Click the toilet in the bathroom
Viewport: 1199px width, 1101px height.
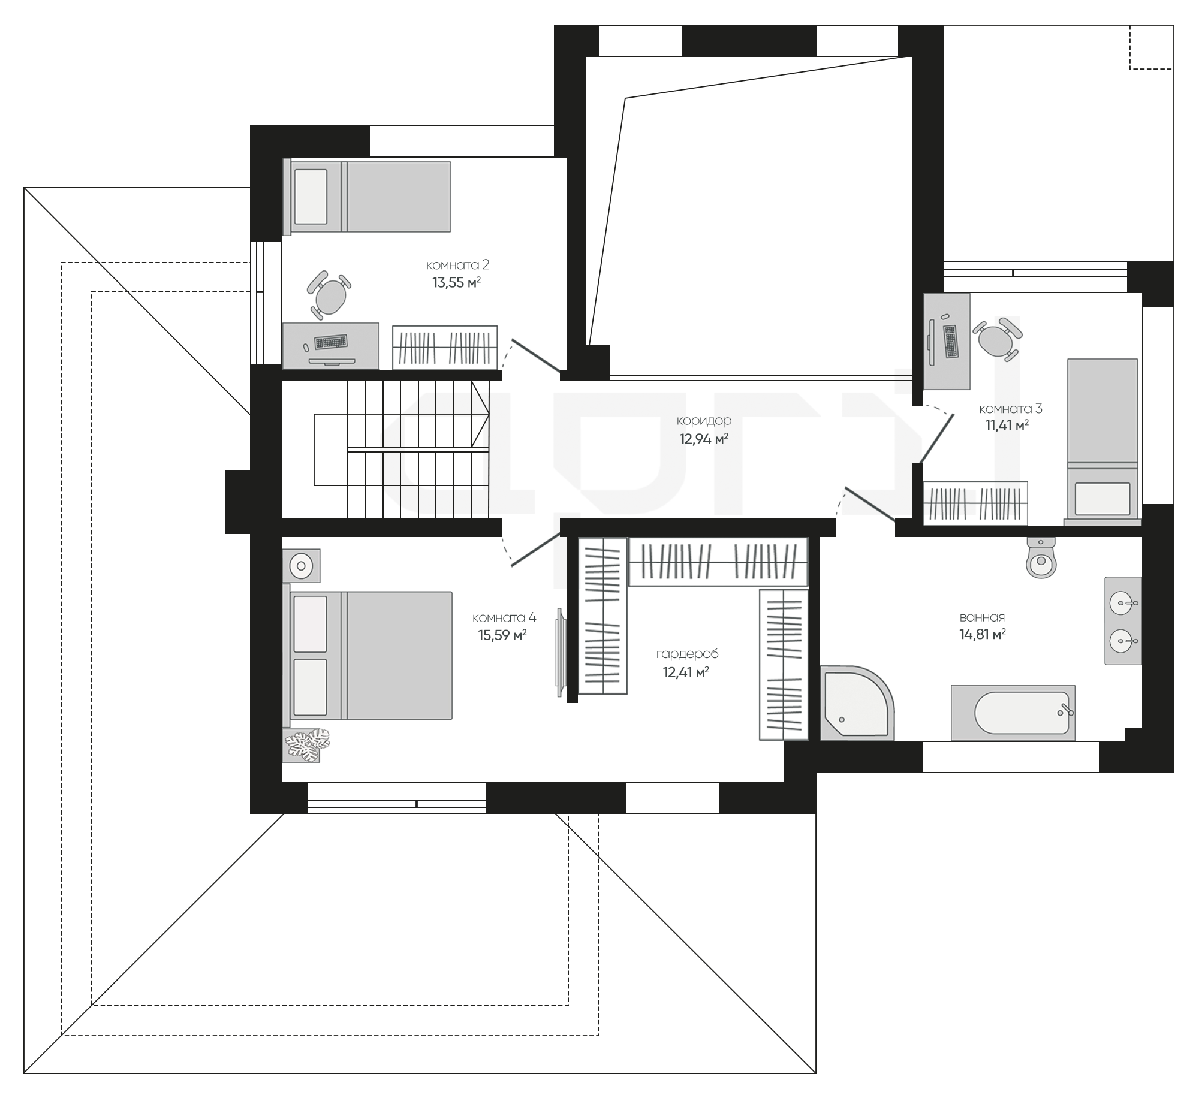(x=1041, y=557)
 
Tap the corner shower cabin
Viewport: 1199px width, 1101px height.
(x=856, y=702)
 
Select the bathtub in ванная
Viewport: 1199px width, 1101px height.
(x=1013, y=713)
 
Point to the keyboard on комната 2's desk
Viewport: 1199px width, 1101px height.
(x=331, y=342)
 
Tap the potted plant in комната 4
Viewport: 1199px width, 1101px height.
(x=306, y=746)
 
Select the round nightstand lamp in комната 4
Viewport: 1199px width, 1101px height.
(x=301, y=566)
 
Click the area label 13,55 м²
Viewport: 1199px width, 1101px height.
(x=457, y=283)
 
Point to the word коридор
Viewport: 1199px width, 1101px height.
(x=704, y=421)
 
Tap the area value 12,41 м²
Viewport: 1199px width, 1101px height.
(x=686, y=672)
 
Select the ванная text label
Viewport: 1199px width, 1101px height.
(x=982, y=617)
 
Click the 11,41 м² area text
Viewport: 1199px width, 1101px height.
(x=1007, y=426)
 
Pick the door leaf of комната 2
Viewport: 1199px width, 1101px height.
(x=536, y=355)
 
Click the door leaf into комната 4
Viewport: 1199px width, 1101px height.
(x=535, y=549)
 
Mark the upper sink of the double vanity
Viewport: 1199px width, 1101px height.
(x=1122, y=602)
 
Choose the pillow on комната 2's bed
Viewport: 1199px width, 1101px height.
(x=311, y=197)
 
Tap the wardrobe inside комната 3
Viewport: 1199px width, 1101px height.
(x=975, y=503)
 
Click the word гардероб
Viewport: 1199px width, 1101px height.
(x=687, y=654)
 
